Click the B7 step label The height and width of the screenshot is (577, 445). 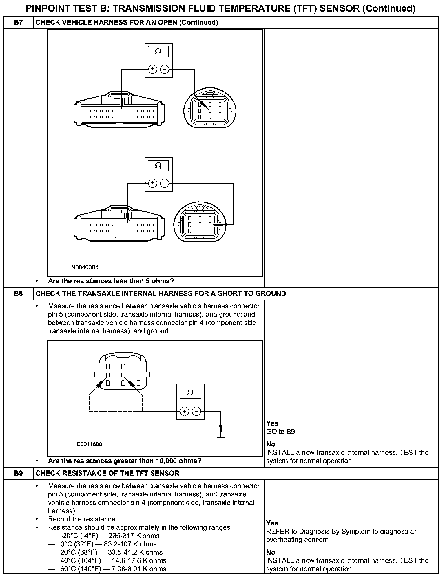[18, 22]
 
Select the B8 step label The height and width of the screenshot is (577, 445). [18, 293]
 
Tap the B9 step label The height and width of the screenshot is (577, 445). [18, 473]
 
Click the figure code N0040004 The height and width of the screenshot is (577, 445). [85, 267]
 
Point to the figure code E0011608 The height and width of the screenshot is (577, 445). [90, 444]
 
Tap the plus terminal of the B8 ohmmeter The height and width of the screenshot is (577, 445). [184, 411]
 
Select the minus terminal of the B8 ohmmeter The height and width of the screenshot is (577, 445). [196, 411]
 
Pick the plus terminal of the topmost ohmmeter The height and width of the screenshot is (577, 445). [152, 69]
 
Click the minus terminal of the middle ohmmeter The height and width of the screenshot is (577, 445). [165, 183]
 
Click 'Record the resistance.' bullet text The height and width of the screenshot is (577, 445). [83, 519]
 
